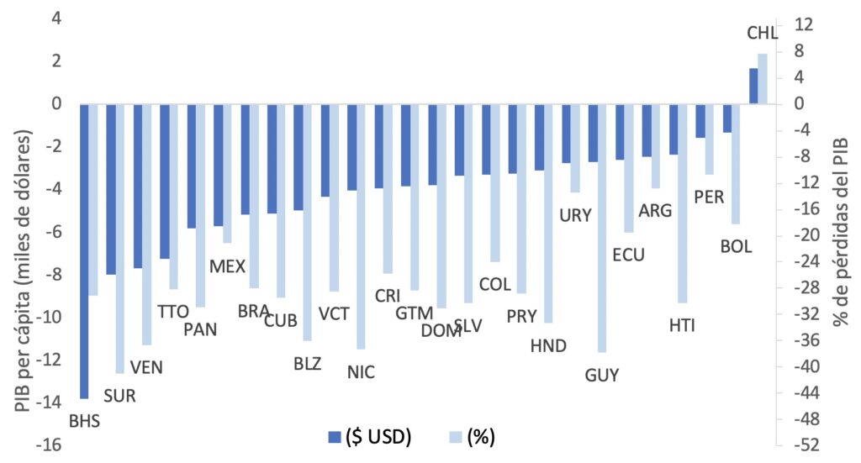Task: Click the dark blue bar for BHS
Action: point(84,250)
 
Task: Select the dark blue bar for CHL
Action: point(753,86)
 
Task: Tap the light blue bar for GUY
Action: point(601,228)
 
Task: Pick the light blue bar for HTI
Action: point(682,203)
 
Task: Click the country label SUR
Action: point(119,395)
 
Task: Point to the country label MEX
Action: point(227,266)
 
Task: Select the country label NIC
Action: point(361,372)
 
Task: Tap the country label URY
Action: point(575,215)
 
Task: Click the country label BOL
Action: point(736,247)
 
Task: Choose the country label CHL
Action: point(762,34)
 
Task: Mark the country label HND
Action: point(549,345)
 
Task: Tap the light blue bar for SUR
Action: point(120,239)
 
